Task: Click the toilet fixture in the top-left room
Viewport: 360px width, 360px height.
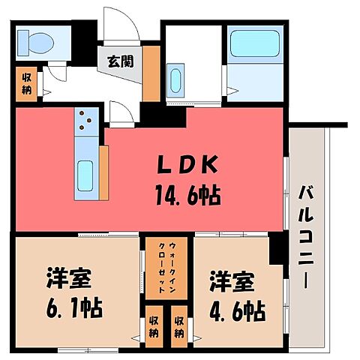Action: tap(36, 43)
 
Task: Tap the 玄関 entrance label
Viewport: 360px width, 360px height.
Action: tap(121, 61)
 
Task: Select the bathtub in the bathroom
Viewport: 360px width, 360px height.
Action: tap(255, 43)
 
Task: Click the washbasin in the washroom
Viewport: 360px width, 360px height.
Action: tap(175, 80)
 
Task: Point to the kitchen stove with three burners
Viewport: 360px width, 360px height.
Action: tap(86, 121)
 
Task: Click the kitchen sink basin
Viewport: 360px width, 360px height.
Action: tap(85, 175)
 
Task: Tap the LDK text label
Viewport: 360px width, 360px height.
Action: tap(187, 164)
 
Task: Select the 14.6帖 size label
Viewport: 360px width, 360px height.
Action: tap(188, 195)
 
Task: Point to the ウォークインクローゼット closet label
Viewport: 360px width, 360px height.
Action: tap(166, 268)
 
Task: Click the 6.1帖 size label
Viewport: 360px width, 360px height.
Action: tap(74, 307)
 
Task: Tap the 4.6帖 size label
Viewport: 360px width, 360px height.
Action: tap(237, 311)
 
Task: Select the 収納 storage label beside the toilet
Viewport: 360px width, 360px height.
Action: tap(27, 84)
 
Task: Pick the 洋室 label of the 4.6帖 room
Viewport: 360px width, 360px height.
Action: tap(232, 281)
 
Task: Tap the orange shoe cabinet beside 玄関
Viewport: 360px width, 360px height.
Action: tap(151, 73)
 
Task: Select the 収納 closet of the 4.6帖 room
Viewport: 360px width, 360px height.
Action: tap(179, 327)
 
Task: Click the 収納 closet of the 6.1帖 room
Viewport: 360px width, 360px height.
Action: tap(154, 327)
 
